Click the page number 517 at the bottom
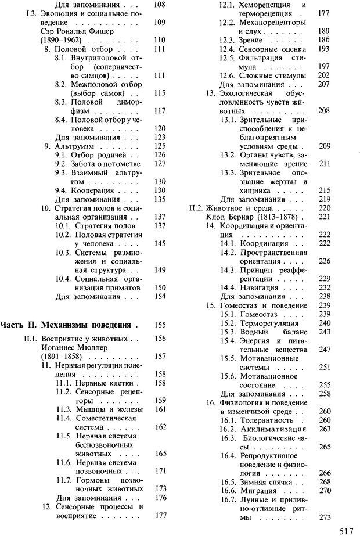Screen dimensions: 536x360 [x=347, y=529]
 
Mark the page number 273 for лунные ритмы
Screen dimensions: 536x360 [x=325, y=517]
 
